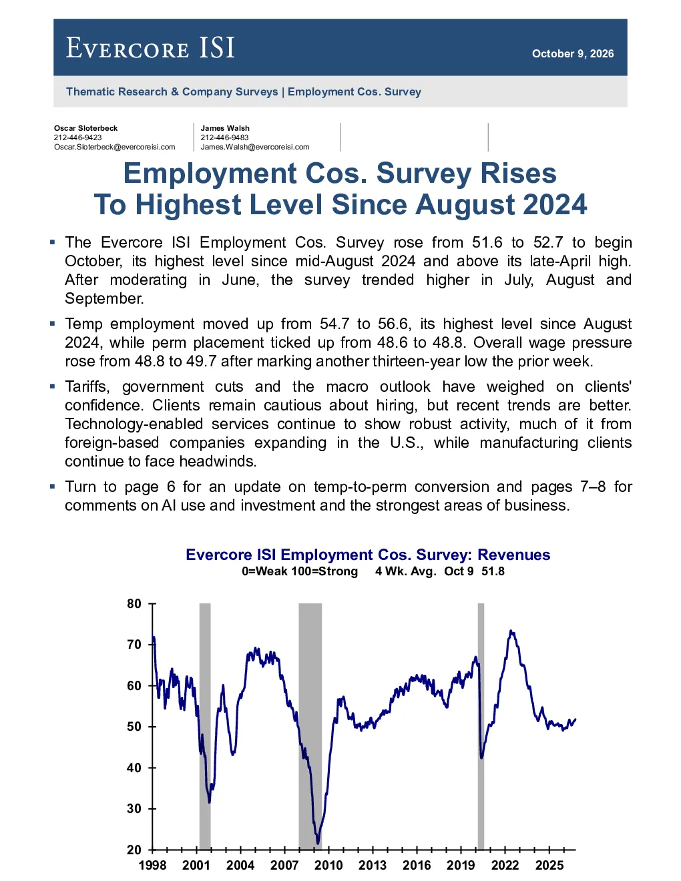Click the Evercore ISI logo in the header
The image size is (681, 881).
tap(150, 47)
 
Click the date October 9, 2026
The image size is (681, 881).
tap(573, 53)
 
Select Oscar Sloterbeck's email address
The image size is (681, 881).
tap(114, 147)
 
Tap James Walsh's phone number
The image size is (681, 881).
tap(224, 137)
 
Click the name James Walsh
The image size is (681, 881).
tap(225, 128)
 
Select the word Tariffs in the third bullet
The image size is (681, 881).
tap(87, 387)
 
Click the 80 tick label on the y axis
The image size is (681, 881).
tap(134, 604)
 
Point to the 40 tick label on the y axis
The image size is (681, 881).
tap(134, 768)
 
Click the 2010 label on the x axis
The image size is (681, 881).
tap(328, 865)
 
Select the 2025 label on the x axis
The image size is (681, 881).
tap(549, 865)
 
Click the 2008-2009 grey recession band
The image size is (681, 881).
tap(310, 726)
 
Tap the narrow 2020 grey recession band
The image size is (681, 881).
tap(481, 726)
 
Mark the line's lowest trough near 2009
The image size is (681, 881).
tap(318, 844)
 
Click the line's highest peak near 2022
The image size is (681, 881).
tap(511, 631)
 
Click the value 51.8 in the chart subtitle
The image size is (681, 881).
tap(493, 571)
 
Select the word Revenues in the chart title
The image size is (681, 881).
tap(514, 555)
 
